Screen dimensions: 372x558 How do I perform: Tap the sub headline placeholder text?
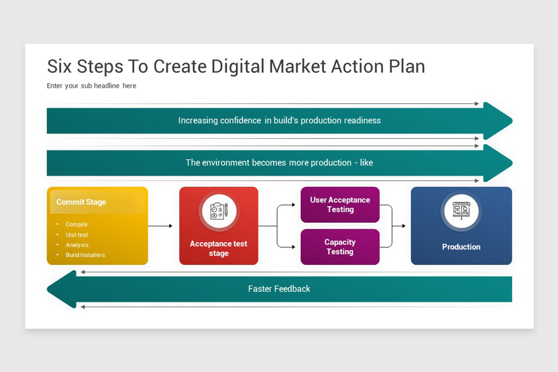[92, 86]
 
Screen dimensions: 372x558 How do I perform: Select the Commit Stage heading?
[81, 202]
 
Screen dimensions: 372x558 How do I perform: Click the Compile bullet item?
[77, 225]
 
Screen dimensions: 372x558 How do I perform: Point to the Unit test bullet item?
[77, 235]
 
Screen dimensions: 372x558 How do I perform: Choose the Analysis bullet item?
[77, 245]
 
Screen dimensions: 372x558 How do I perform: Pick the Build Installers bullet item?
[85, 255]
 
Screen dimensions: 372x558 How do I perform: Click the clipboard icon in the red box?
[219, 211]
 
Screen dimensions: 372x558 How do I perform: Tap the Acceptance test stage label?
[219, 249]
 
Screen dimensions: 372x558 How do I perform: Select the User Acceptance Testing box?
[340, 205]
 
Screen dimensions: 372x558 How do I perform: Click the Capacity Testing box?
[340, 247]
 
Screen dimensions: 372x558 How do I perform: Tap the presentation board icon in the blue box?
[461, 211]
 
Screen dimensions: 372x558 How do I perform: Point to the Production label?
[461, 247]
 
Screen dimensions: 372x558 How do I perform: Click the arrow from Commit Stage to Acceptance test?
[160, 226]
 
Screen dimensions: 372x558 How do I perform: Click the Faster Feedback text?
[279, 289]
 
